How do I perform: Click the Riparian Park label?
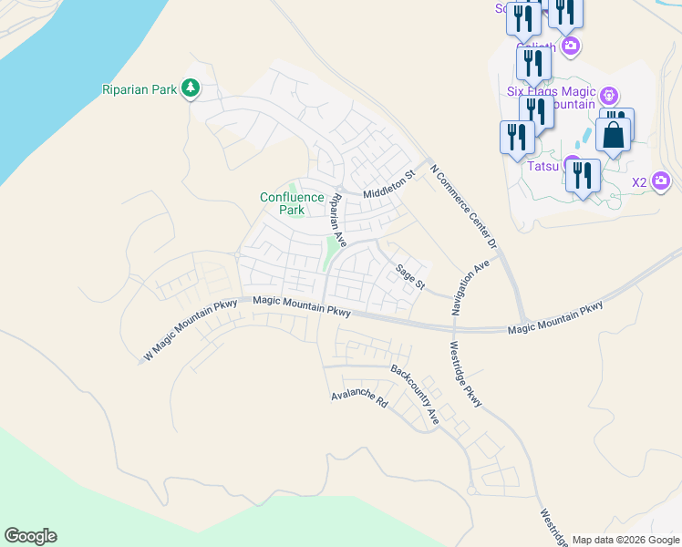click(x=139, y=88)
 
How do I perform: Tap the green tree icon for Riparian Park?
click(x=191, y=88)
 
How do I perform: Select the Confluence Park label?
click(x=292, y=203)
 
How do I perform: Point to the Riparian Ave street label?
click(x=338, y=220)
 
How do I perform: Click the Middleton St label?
click(x=388, y=187)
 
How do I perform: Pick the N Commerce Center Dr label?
click(x=463, y=208)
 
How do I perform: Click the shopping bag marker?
click(x=615, y=135)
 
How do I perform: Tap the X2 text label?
click(x=639, y=182)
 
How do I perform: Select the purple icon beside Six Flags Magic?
click(x=610, y=96)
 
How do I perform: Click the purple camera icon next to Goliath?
click(x=571, y=46)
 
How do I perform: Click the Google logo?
click(x=30, y=536)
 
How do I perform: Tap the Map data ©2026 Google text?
click(x=625, y=540)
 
